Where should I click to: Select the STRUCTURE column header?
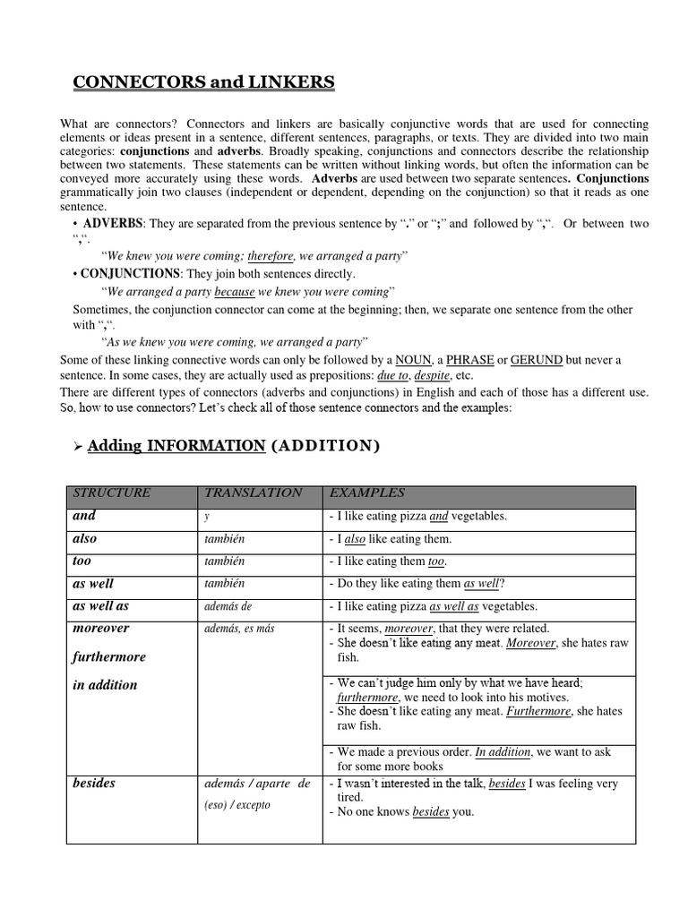click(112, 493)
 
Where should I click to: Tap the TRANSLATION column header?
click(254, 493)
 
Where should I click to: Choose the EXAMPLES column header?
click(367, 493)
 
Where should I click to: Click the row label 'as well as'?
click(100, 606)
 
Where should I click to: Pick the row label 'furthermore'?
click(108, 656)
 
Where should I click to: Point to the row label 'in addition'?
click(105, 685)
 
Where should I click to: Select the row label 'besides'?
click(94, 784)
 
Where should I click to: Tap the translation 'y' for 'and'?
click(208, 517)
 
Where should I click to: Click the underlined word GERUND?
click(537, 360)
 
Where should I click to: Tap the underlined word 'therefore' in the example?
click(271, 256)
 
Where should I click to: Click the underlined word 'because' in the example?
click(235, 292)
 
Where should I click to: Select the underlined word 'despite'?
click(432, 376)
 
